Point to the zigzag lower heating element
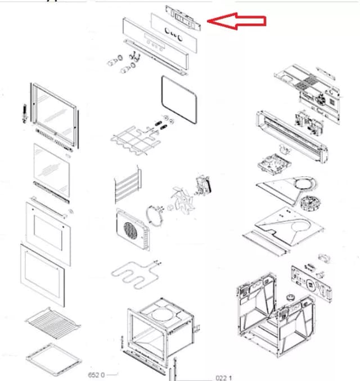tap(136, 275)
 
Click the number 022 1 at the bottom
tap(224, 377)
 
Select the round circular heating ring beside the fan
tap(152, 216)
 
